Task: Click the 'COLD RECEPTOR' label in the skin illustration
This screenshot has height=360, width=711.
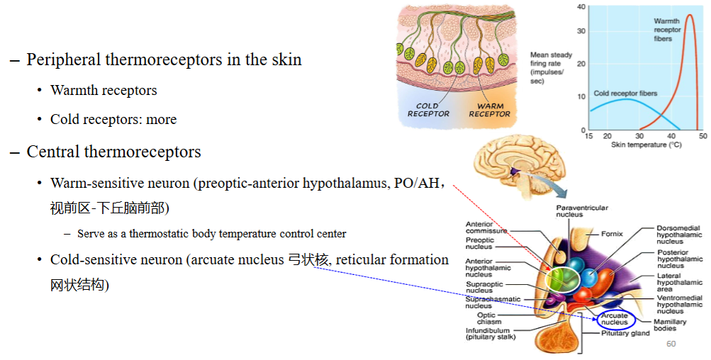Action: (428, 110)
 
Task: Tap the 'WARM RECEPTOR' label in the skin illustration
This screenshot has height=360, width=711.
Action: (490, 110)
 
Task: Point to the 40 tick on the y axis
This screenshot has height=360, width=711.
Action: (581, 7)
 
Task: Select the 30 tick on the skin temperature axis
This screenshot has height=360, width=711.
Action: (639, 136)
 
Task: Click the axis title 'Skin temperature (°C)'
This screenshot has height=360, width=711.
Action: (646, 145)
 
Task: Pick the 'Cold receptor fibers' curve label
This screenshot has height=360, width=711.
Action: (625, 94)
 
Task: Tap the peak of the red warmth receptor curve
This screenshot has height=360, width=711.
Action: (689, 15)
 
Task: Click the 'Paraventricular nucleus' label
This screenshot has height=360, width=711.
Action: (582, 211)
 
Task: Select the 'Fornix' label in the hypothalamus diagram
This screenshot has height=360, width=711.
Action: (612, 234)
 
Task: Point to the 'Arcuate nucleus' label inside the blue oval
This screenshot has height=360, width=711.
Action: (615, 319)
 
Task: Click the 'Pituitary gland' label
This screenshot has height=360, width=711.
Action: (625, 333)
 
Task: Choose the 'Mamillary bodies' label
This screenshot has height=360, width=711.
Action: (670, 325)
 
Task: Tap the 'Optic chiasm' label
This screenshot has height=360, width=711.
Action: (489, 318)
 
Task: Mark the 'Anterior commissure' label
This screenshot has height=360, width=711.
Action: (486, 227)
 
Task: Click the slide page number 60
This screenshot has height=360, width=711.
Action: (671, 344)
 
